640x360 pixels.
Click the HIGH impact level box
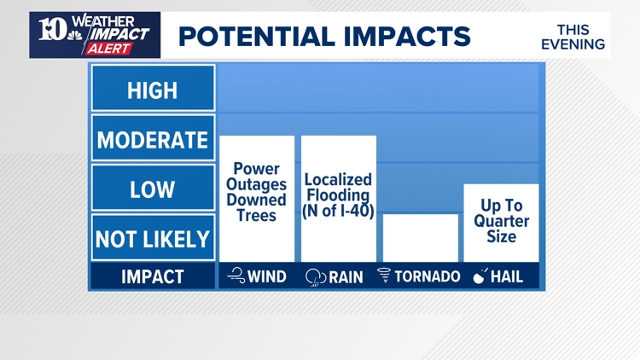153,89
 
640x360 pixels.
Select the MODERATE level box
153,139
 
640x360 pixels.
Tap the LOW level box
153,189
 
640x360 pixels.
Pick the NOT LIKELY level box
153,239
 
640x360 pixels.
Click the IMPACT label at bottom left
153,276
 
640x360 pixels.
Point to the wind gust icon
236,276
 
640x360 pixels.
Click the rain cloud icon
317,277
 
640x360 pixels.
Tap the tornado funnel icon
384,276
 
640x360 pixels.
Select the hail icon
480,276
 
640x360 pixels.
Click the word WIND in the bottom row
268,276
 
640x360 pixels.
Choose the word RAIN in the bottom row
346,276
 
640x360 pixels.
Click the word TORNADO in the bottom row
428,276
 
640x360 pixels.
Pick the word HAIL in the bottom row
508,276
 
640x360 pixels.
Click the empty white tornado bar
420,237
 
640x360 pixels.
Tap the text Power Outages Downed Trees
256,192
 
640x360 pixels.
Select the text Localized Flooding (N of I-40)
338,195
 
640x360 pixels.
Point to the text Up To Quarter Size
501,221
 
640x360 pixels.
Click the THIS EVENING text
573,37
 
